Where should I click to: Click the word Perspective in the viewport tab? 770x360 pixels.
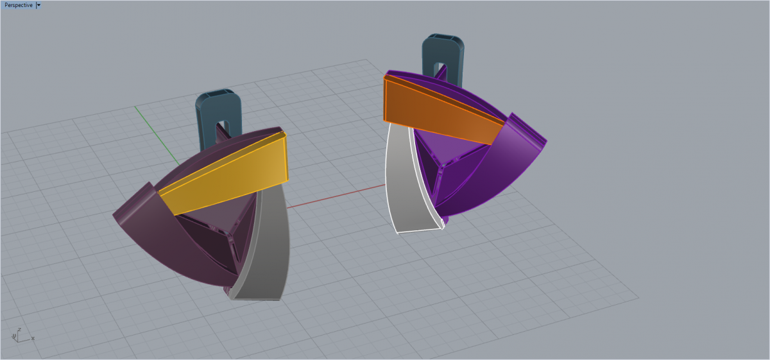click(x=19, y=5)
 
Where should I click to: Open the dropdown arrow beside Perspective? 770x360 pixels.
click(x=38, y=5)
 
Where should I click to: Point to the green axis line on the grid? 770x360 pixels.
click(x=157, y=136)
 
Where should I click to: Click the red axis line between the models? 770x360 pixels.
click(x=336, y=196)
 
